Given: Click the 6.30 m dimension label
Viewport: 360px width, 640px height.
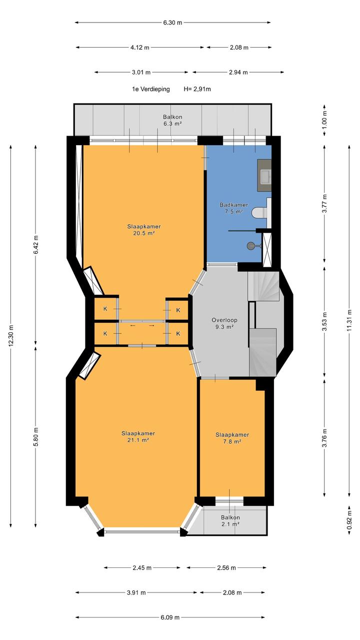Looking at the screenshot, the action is (172, 23).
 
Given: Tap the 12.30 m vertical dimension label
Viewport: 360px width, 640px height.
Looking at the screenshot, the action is (11, 336).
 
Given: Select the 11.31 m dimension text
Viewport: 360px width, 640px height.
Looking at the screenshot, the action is (349, 320).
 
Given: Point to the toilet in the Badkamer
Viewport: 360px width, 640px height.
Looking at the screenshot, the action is (259, 213).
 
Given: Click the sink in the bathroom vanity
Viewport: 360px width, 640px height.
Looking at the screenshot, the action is (264, 176).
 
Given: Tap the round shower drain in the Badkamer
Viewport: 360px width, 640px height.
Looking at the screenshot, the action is (250, 245).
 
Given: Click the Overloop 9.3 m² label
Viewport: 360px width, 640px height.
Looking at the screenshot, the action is (224, 323).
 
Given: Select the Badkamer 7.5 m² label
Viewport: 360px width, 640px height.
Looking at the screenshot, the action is (233, 208).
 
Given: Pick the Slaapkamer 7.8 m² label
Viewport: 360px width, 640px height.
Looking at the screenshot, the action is (232, 438).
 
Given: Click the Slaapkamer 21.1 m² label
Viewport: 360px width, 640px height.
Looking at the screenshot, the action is (138, 436).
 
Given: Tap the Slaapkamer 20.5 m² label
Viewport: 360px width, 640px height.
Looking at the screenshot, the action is (144, 230).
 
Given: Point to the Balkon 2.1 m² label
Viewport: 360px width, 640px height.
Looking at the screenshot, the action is (230, 520).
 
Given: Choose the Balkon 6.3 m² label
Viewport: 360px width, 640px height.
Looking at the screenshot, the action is (172, 120).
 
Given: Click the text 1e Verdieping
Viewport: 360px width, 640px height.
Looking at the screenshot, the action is (150, 89).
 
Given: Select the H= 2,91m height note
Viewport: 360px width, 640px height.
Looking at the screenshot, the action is (197, 89).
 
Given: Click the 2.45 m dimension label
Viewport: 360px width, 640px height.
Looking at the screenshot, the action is (142, 568).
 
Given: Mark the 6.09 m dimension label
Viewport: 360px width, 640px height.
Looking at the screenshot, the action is (170, 617).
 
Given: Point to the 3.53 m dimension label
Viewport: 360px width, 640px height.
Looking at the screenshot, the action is (324, 322).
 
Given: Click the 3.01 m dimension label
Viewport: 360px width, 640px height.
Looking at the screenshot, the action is (141, 72).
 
